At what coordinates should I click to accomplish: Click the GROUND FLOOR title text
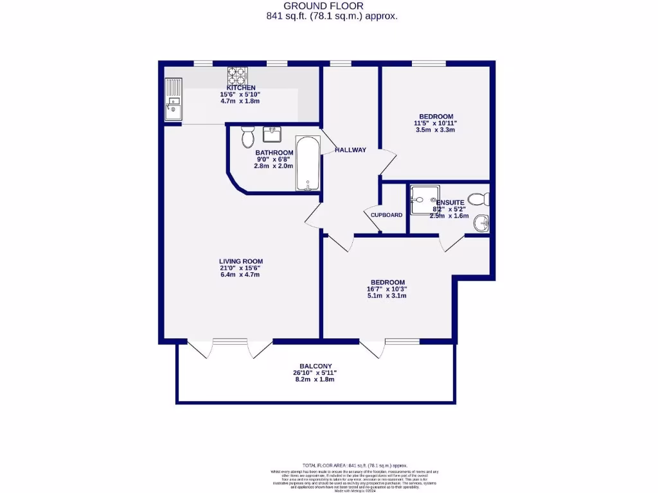point(332,6)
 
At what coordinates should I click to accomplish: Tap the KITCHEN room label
point(241,88)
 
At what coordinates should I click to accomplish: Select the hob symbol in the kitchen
point(237,75)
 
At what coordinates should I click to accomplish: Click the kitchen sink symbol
point(173,99)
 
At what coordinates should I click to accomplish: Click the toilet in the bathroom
point(247,136)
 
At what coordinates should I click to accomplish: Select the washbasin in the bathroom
point(272,135)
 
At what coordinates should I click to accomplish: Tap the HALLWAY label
point(350,150)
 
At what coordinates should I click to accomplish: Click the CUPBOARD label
point(386,215)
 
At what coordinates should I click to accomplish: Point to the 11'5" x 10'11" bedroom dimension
point(435,123)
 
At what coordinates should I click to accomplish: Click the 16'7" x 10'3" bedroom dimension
point(387,289)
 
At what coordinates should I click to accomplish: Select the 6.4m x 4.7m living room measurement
point(240,275)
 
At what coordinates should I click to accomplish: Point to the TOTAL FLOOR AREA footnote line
point(355,465)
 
